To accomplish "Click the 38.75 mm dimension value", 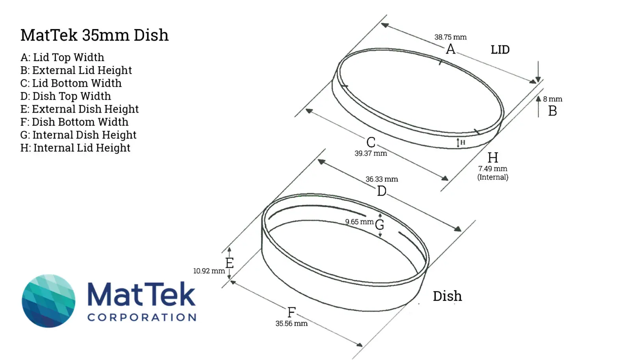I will tap(450, 37).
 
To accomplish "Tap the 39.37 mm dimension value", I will tap(371, 153).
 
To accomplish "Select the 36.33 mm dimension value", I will tap(382, 179).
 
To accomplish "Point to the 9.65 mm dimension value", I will tap(359, 222).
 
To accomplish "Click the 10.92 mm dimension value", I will tap(209, 271).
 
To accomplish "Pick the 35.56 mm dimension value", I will tap(291, 323).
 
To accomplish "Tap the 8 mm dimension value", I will tap(552, 99).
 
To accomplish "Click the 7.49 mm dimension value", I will tap(493, 169).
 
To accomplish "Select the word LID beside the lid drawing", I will tap(500, 50).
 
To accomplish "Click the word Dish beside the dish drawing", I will tap(447, 296).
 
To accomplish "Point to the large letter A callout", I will tap(450, 49).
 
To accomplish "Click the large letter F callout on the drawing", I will tap(291, 312).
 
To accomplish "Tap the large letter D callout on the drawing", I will tap(382, 191).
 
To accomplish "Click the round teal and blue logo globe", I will tap(48, 301).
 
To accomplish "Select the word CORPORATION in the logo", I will tap(142, 317).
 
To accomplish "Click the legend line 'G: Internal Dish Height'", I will tap(78, 135).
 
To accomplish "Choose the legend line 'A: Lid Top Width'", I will tap(62, 57).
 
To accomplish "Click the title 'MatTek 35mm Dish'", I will tap(94, 35).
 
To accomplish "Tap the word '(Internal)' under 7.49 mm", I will tap(493, 177).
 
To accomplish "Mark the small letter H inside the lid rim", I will tap(463, 143).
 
